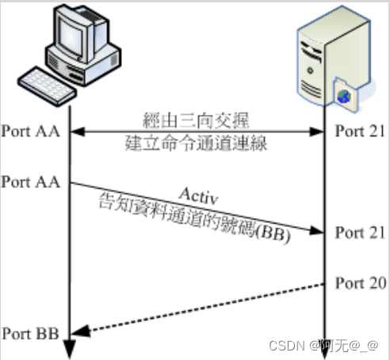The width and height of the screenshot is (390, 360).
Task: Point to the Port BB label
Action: [x=28, y=331]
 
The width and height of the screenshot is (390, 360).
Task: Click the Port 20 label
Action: [x=361, y=283]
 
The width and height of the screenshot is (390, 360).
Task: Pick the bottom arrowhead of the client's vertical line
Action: [x=70, y=349]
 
